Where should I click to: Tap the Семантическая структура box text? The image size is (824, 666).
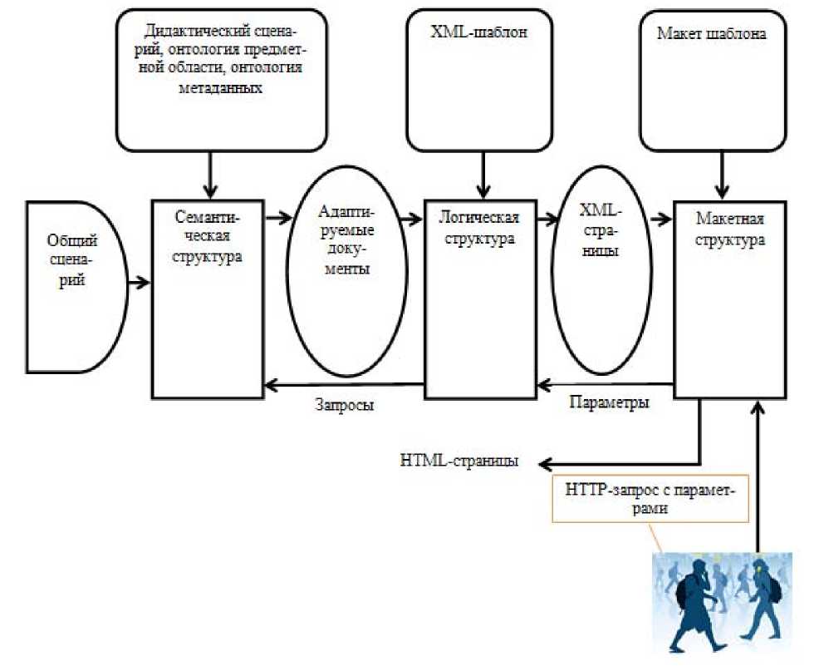(x=208, y=237)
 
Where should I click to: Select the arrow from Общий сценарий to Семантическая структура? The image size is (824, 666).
(x=139, y=284)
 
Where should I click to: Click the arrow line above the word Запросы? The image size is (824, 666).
(x=344, y=384)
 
